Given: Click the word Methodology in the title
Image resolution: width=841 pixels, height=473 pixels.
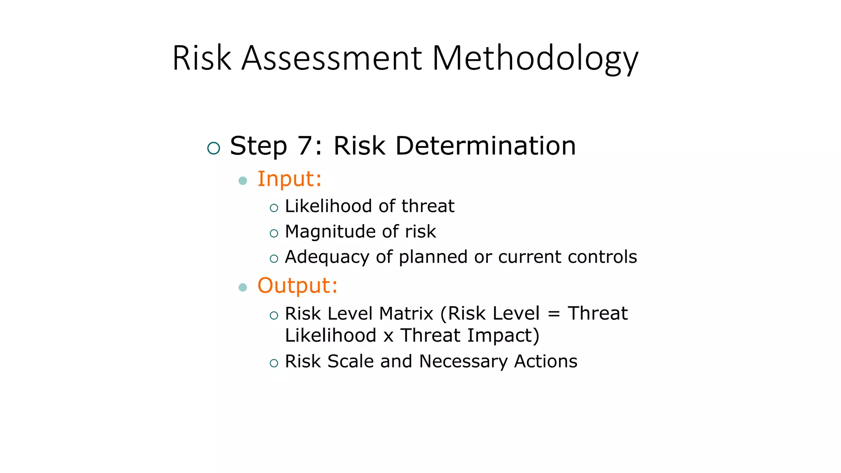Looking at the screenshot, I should (x=535, y=58).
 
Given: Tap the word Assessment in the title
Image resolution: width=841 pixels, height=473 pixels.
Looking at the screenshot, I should (x=331, y=58).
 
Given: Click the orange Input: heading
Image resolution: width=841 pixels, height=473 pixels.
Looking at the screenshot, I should (x=289, y=179).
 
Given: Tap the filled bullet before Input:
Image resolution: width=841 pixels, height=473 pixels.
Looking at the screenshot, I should (x=243, y=181).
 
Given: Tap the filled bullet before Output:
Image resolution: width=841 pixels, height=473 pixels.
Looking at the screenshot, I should (x=243, y=287).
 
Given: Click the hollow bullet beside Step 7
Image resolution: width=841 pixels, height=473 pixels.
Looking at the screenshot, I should (x=214, y=148).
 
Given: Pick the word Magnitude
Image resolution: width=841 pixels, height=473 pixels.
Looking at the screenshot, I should (x=330, y=232).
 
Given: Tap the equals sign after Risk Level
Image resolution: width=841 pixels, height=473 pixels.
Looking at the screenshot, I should (x=554, y=314).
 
